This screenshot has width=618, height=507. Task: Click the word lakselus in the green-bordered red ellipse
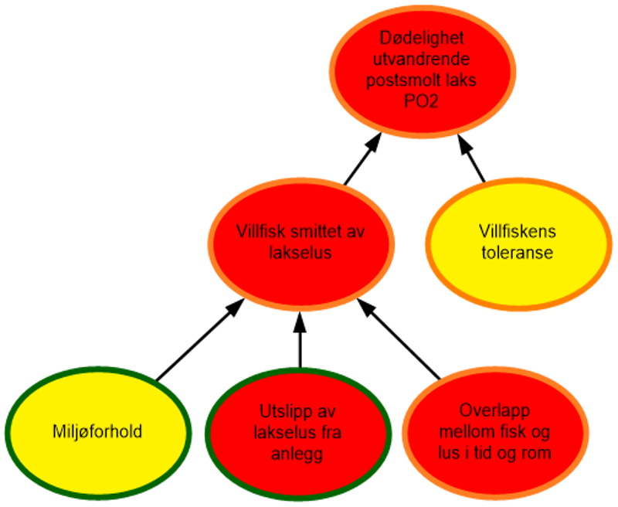283,433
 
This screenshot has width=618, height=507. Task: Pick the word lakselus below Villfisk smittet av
301,252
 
